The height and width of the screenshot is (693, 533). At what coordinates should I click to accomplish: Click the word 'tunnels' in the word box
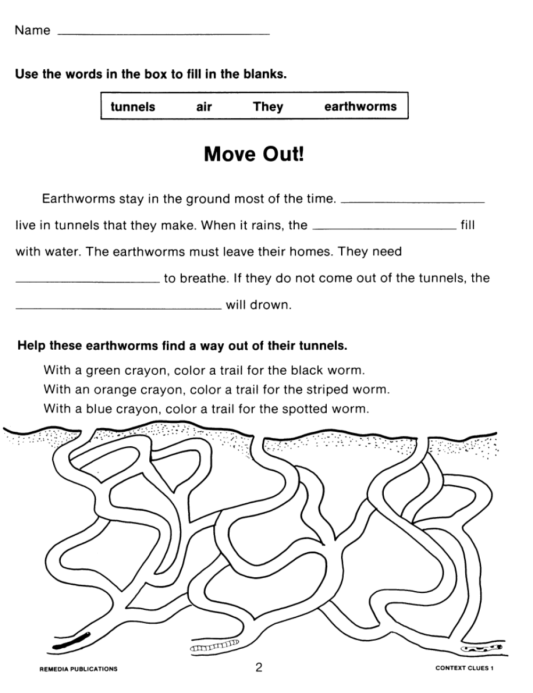click(133, 107)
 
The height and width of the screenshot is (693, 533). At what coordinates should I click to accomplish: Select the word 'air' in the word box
click(204, 107)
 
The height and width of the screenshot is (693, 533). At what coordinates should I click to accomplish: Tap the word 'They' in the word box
click(268, 107)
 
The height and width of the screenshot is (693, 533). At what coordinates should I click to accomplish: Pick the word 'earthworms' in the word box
click(360, 106)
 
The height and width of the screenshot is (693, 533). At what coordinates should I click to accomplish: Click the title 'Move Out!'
click(254, 154)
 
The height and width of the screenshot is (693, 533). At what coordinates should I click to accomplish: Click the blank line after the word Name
click(163, 34)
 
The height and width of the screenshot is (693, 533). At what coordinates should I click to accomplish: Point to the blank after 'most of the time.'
click(412, 202)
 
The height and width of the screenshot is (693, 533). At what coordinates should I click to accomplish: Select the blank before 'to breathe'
click(88, 280)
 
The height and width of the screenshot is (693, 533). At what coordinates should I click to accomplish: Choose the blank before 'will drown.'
click(118, 307)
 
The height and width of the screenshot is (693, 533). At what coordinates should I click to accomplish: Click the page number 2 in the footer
click(259, 667)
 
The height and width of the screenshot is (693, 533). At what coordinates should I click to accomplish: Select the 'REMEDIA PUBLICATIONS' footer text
click(79, 668)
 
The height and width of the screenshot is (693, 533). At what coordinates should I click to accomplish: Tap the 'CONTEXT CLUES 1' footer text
click(464, 668)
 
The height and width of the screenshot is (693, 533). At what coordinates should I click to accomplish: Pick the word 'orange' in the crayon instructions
click(114, 390)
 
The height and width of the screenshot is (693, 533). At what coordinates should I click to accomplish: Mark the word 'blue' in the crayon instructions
click(100, 409)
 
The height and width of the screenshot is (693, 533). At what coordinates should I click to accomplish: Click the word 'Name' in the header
click(33, 30)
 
